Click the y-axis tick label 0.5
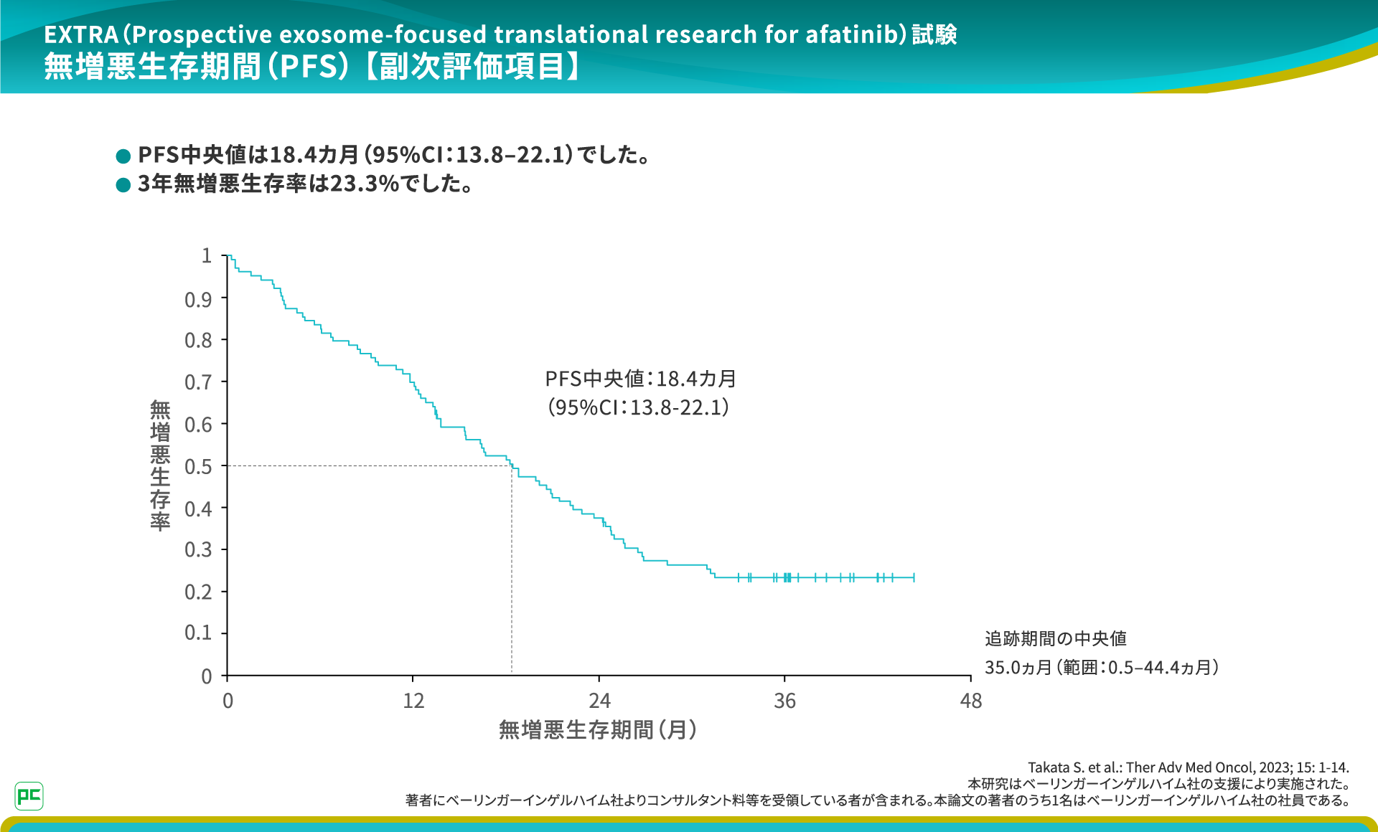198,467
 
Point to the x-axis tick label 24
599,701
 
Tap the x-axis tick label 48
970,701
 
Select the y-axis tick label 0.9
198,300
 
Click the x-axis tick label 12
413,701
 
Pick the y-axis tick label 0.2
198,592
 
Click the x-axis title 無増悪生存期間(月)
598,730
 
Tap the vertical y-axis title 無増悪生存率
160,465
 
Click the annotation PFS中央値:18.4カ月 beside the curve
640,379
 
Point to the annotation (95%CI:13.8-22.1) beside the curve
638,407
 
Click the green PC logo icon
29,795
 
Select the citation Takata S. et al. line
1188,767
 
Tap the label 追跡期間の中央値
1055,638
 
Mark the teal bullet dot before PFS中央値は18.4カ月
123,156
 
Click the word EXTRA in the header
81,34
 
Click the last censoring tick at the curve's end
914,577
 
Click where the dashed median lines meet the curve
512,466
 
